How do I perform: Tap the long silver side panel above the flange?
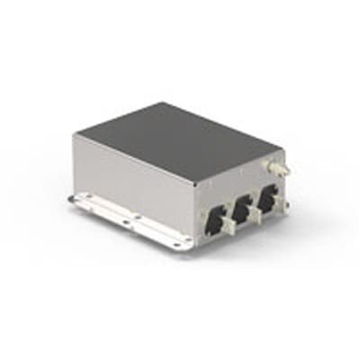pyautogui.click(x=135, y=184)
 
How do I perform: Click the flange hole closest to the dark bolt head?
pyautogui.click(x=86, y=199)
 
